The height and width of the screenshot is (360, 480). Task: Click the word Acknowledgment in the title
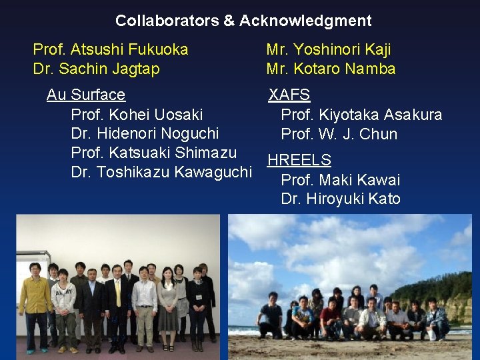[x=305, y=21]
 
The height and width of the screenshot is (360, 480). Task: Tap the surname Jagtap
[x=135, y=69]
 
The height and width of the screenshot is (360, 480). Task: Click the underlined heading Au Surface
[x=86, y=95]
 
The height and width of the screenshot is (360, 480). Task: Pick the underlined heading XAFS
[x=289, y=95]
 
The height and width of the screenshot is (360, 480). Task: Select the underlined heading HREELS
[x=299, y=160]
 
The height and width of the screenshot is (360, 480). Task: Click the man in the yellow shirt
[x=35, y=303]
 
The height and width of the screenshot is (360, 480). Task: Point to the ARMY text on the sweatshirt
[x=65, y=293]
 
